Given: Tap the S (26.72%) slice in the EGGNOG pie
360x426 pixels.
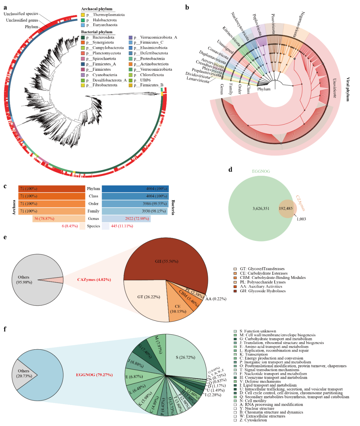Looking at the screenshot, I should (x=185, y=357).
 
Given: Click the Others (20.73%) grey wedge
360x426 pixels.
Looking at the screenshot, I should (x=24, y=373).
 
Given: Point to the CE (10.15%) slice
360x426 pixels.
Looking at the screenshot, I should (x=178, y=309).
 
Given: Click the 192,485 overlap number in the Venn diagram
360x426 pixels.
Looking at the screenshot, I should (x=285, y=208).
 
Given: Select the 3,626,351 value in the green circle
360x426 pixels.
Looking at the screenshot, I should (x=261, y=208).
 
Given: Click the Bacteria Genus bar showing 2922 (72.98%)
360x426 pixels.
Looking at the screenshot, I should (x=126, y=219).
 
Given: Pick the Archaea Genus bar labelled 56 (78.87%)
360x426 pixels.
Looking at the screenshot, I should (x=59, y=219).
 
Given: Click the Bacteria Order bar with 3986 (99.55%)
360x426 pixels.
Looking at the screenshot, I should (x=135, y=203).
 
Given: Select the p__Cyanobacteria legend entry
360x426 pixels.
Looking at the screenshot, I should (x=104, y=75).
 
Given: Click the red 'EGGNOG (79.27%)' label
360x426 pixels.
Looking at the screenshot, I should (x=94, y=375).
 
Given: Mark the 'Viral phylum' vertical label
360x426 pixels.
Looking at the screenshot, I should (x=348, y=89).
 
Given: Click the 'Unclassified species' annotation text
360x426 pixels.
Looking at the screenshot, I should (x=21, y=14).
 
